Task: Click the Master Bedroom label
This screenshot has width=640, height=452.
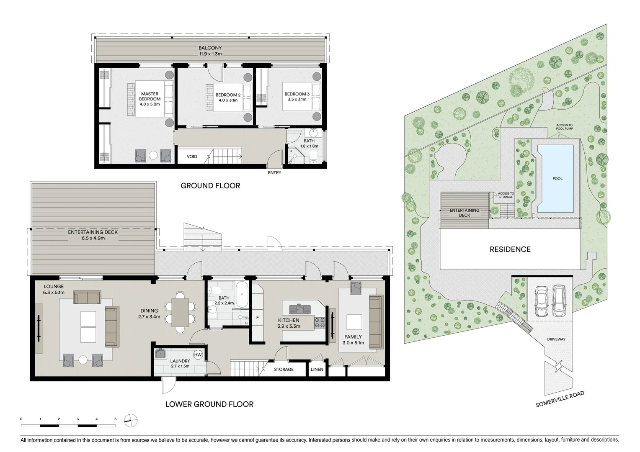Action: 150,99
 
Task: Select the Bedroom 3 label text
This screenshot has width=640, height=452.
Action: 297,97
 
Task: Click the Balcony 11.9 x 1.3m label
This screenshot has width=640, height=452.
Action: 210,51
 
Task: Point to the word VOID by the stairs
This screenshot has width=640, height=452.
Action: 192,157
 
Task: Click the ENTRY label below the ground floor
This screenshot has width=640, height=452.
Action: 274,172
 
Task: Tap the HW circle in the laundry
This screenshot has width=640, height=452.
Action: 198,355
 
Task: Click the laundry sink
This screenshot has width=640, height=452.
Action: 160,354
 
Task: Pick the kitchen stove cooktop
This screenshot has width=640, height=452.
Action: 320,322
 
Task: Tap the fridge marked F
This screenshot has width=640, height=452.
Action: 257,317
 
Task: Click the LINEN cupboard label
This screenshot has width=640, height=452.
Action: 317,370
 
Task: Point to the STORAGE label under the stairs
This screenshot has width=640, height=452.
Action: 284,370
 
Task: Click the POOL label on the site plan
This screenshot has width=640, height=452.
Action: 557,179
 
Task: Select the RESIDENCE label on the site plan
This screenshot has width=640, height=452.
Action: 510,249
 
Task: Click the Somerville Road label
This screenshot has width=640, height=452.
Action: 560,399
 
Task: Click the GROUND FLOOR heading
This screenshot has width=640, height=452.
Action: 210,185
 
